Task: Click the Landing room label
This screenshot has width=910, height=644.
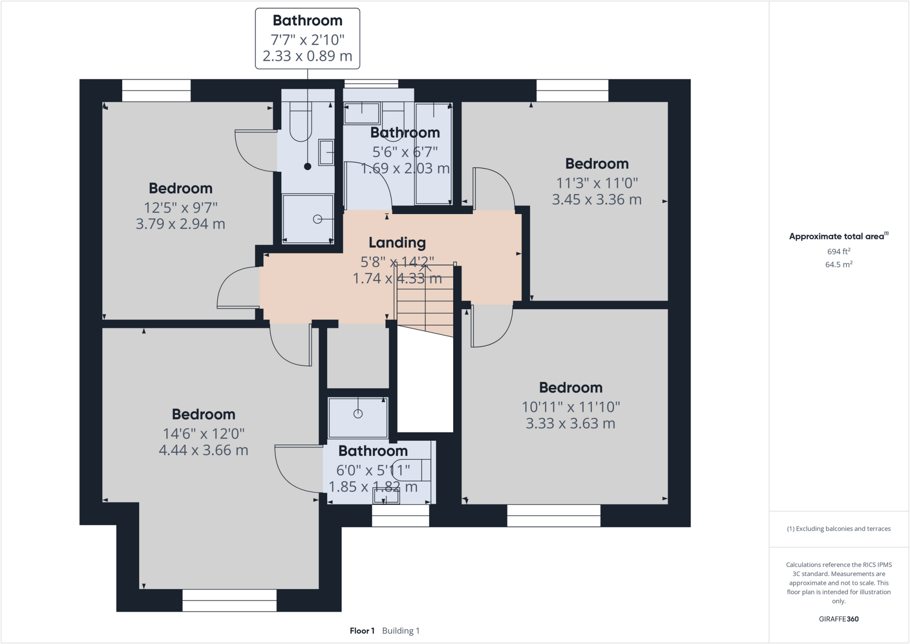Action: [397, 243]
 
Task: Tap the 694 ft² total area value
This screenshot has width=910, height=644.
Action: [838, 252]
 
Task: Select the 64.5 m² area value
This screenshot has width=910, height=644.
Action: [838, 264]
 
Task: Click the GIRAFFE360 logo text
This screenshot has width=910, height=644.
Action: [838, 619]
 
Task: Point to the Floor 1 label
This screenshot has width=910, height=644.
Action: [362, 631]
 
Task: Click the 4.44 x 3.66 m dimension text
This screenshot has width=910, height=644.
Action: [204, 450]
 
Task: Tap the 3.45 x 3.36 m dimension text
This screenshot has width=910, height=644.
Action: [597, 200]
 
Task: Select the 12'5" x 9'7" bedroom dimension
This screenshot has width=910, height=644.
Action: [180, 208]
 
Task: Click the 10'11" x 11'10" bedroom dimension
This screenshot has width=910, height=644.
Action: [571, 407]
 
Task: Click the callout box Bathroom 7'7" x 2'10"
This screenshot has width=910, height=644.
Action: [307, 39]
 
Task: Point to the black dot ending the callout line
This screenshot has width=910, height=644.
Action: [307, 167]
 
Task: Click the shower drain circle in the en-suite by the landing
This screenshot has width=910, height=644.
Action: [317, 219]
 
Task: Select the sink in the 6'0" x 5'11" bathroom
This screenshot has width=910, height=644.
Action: [386, 496]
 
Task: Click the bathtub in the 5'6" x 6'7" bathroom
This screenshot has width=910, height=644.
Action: [433, 153]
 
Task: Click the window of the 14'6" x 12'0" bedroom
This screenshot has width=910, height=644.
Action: [229, 600]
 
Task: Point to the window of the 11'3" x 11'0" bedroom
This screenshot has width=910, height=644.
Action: [572, 91]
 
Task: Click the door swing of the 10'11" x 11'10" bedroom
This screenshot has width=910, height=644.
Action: [491, 327]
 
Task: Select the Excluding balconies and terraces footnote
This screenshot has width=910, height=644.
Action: [838, 529]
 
